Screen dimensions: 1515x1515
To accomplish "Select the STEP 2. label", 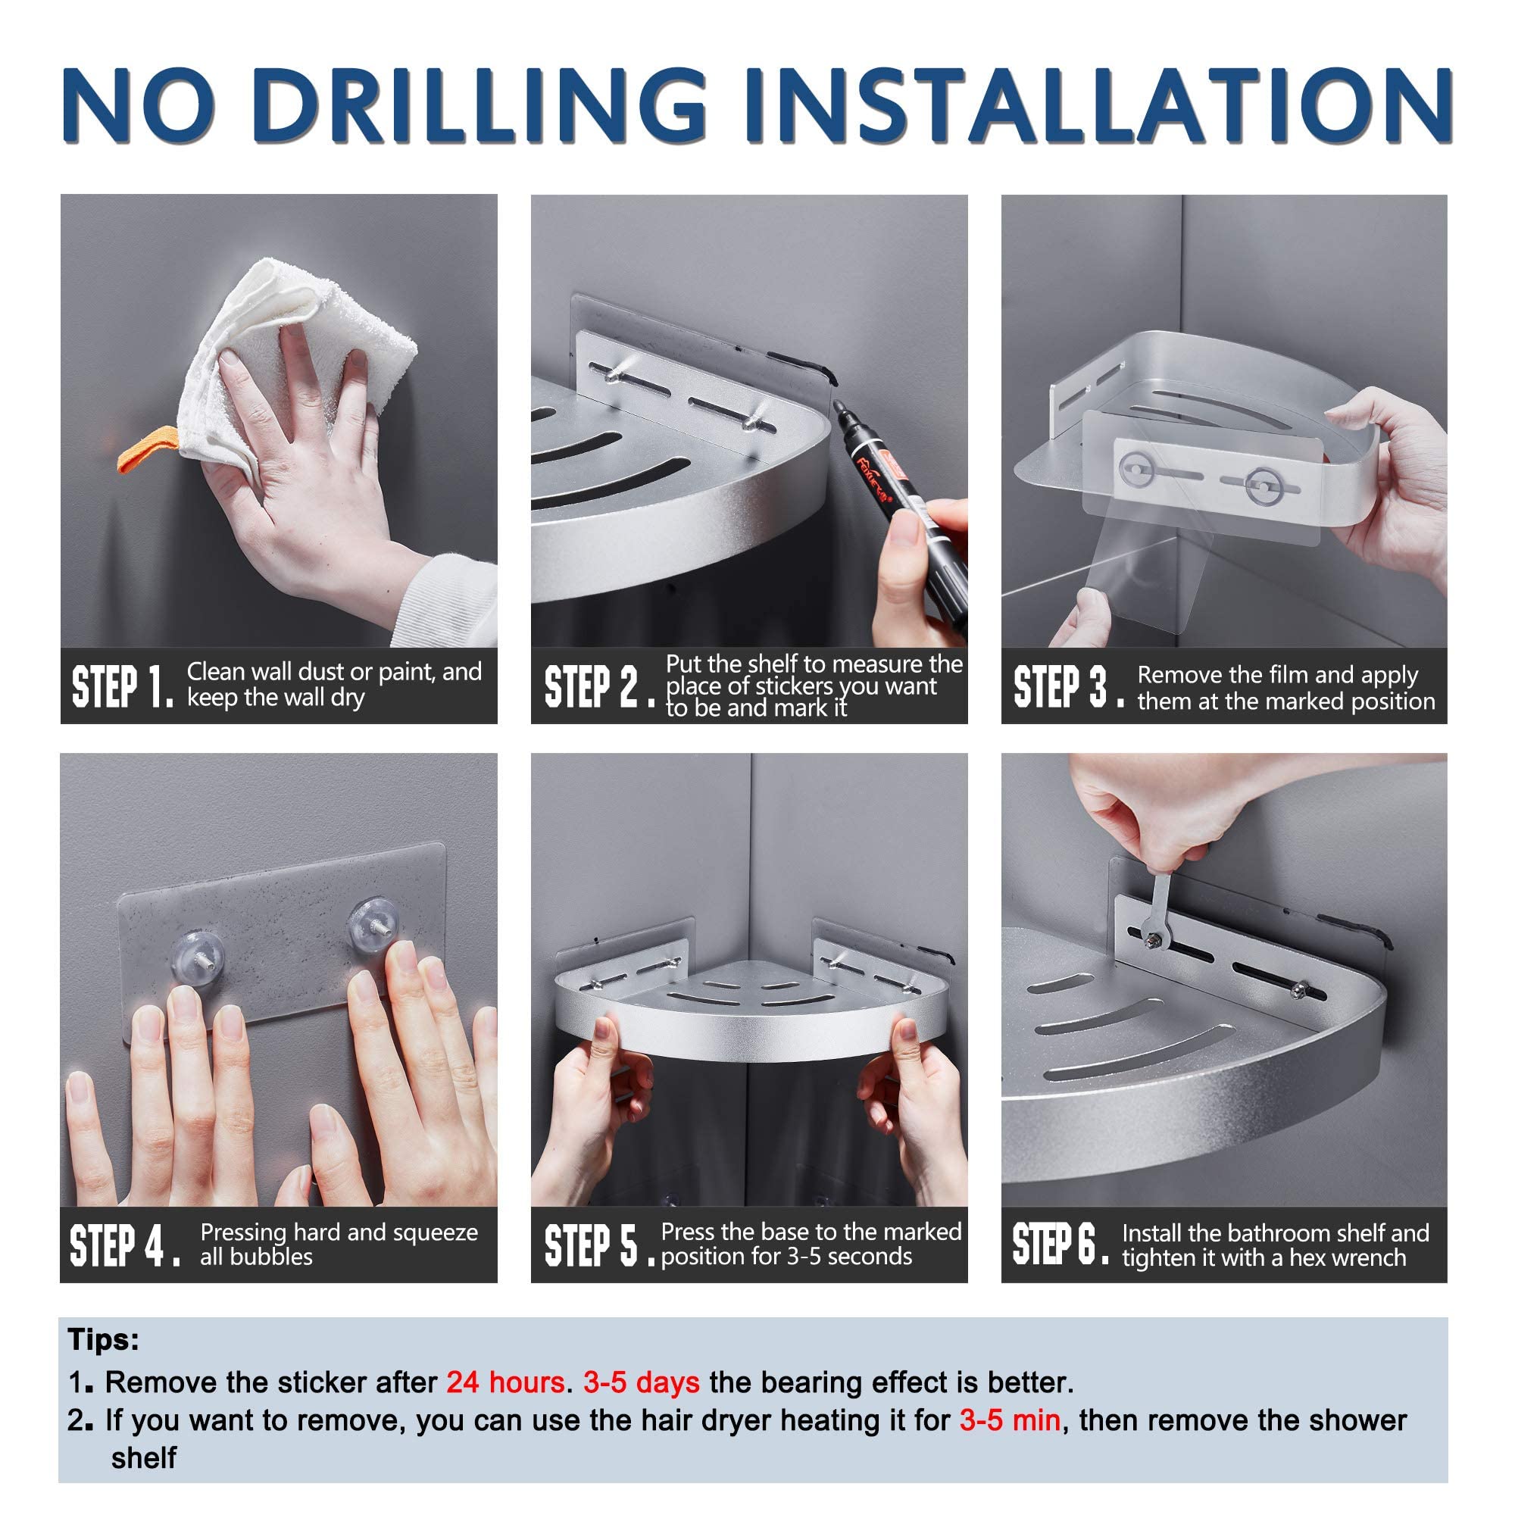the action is click(599, 686).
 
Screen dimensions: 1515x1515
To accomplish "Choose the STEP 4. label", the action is click(126, 1245).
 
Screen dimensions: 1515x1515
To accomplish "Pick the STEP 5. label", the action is click(599, 1245).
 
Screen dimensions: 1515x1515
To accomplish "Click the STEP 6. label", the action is click(1060, 1244).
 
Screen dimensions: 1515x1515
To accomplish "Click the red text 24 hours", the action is click(505, 1382).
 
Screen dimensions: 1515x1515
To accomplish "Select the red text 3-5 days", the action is click(641, 1382).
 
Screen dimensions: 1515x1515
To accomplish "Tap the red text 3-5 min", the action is click(1010, 1420).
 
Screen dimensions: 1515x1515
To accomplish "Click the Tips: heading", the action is click(104, 1340).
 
